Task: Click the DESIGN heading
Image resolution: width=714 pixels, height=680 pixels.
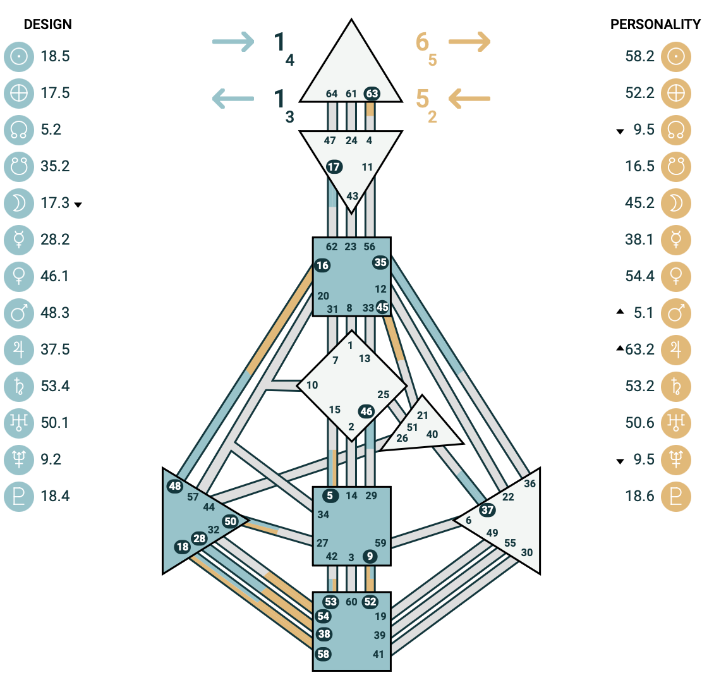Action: [x=48, y=24]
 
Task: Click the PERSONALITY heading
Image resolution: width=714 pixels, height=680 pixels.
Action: [x=655, y=24]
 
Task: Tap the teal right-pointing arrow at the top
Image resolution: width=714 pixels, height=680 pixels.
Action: [x=233, y=42]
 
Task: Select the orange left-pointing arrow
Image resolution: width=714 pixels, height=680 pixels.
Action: [x=469, y=99]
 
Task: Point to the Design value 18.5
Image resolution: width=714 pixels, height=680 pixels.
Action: [x=55, y=56]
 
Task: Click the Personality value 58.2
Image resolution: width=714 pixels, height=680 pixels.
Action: [x=639, y=56]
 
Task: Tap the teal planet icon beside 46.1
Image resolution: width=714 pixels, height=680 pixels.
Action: [x=19, y=276]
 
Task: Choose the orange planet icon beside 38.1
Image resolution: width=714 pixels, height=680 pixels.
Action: [x=676, y=240]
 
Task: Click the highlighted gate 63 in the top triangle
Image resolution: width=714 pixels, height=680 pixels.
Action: [x=372, y=94]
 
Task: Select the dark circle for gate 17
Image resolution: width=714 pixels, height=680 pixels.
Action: [x=334, y=167]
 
